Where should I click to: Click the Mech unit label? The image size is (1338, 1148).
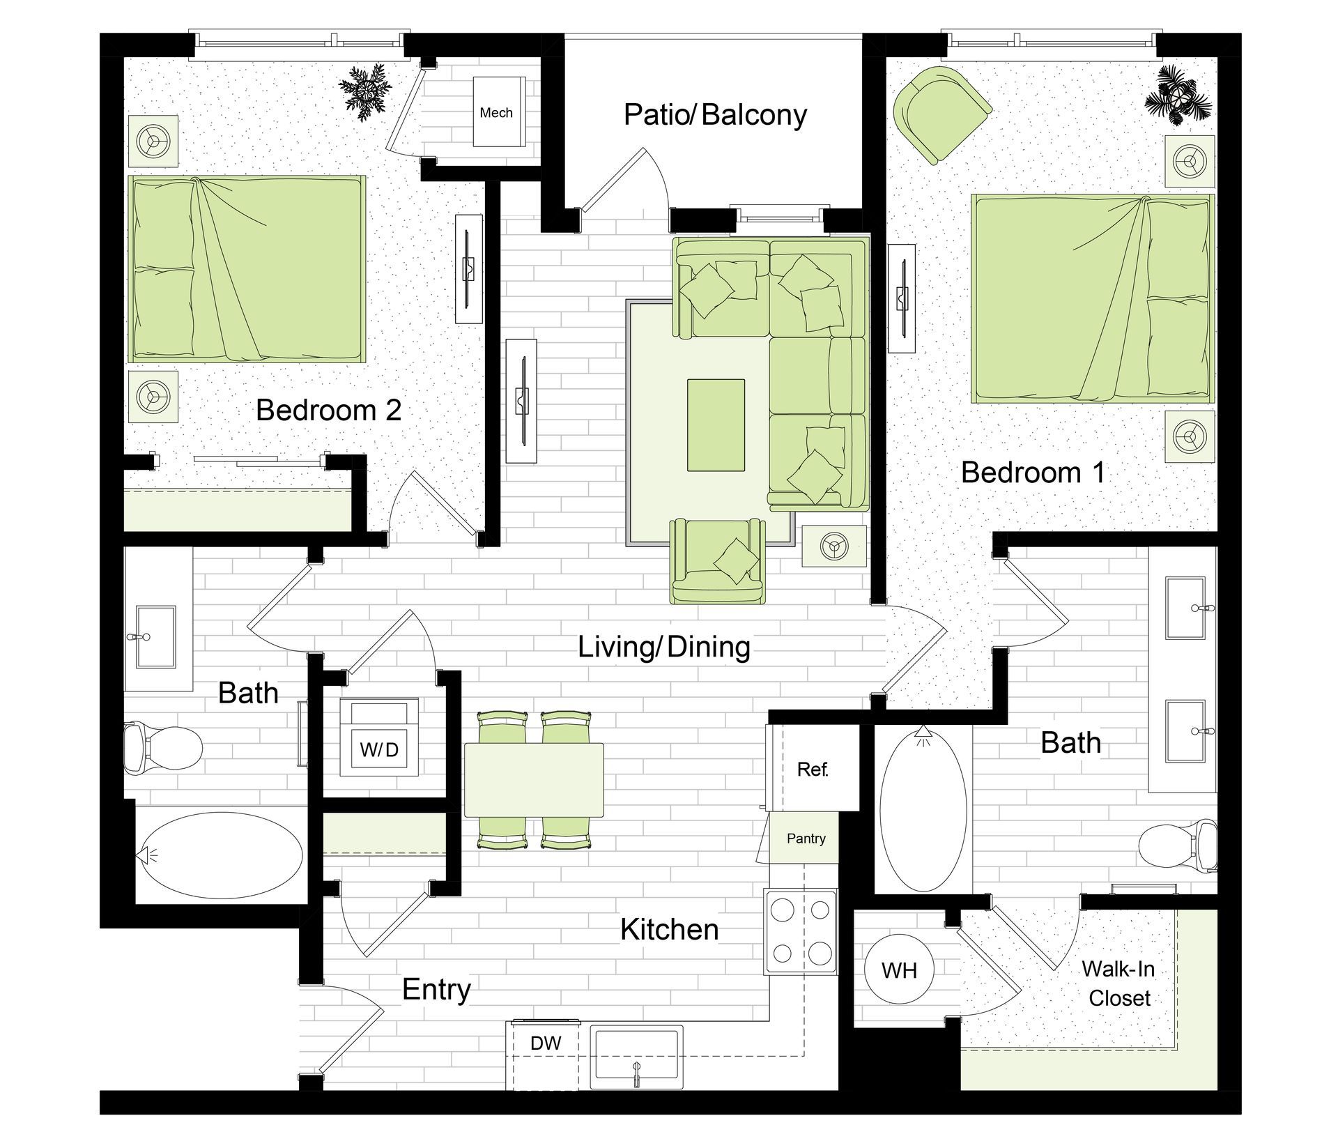tap(496, 113)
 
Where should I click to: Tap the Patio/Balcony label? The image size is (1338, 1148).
tap(715, 115)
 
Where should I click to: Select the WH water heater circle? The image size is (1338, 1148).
tap(899, 970)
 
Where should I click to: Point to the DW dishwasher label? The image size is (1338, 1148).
tap(546, 1043)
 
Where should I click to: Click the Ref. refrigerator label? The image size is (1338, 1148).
tap(813, 770)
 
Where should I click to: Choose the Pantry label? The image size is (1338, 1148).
tap(806, 839)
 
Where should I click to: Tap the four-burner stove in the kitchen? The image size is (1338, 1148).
tap(801, 931)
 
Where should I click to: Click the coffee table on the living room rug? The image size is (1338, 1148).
tap(716, 425)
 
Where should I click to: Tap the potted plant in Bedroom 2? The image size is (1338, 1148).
tap(364, 91)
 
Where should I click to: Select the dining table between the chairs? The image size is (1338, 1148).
tap(534, 780)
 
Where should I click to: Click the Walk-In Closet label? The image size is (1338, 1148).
tap(1118, 983)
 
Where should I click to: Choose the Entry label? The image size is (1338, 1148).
tap(436, 990)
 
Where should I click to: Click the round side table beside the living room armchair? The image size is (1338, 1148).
tap(834, 545)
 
